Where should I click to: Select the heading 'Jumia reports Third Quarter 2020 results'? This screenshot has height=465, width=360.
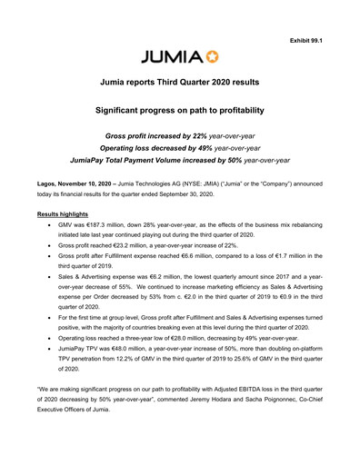pyautogui.click(x=180, y=83)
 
